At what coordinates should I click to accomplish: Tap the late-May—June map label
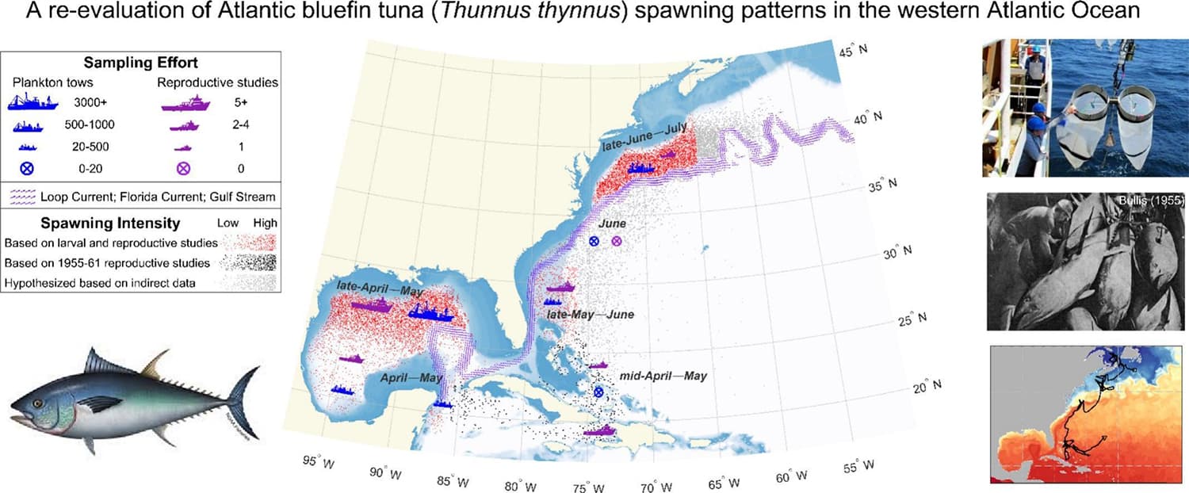tap(590, 315)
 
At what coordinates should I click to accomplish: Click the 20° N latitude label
tap(926, 388)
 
